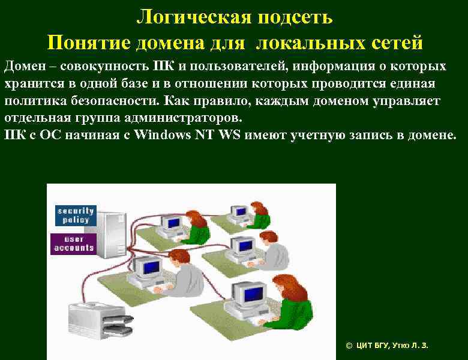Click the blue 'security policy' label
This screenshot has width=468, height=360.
click(76, 215)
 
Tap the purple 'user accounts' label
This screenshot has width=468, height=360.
click(74, 243)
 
